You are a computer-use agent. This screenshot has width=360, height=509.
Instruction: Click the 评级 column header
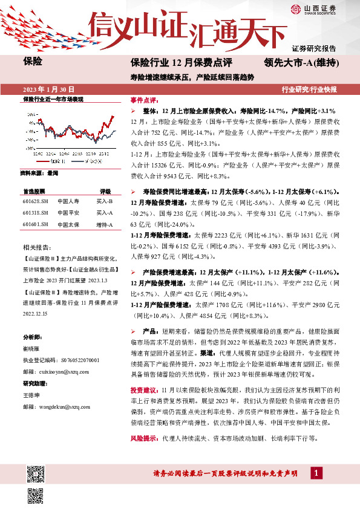coord(105,190)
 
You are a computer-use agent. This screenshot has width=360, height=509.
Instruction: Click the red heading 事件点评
coord(145,100)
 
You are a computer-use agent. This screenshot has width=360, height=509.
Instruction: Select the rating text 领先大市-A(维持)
coord(301,62)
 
